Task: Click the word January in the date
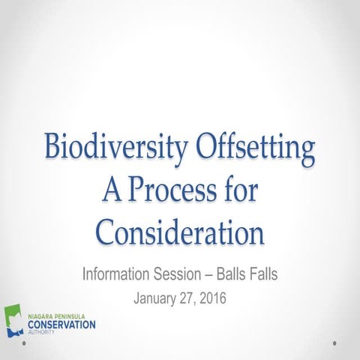click(x=157, y=298)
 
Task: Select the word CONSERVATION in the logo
click(x=61, y=325)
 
